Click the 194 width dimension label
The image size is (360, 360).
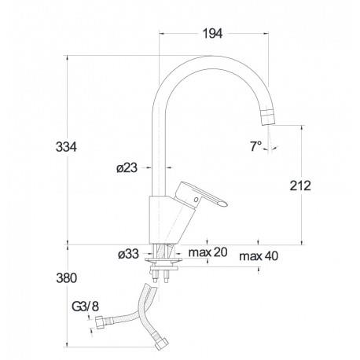212,34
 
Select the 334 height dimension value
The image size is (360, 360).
66,147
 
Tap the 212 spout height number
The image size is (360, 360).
300,186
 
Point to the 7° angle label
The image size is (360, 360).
255,146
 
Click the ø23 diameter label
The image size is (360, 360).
127,168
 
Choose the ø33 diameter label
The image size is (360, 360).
128,254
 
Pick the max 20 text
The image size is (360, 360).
208,252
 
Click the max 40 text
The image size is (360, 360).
259,256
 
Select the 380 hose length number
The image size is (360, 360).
67,278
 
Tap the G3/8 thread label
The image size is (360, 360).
86,307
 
